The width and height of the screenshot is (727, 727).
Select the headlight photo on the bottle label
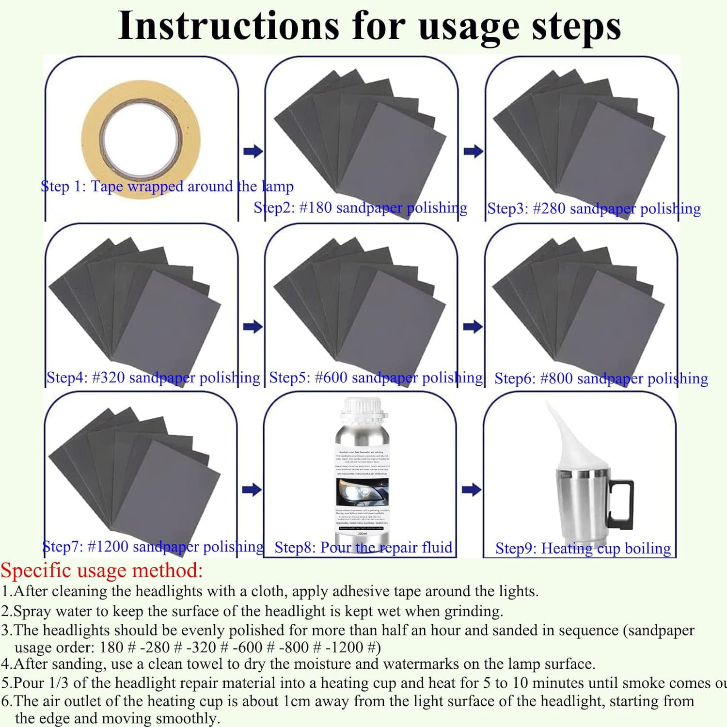click(362, 491)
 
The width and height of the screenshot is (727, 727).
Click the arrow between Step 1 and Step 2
click(253, 151)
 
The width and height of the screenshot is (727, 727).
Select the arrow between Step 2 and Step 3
click(473, 151)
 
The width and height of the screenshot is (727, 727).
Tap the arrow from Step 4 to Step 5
click(253, 326)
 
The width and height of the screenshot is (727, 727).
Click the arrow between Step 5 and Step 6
click(473, 326)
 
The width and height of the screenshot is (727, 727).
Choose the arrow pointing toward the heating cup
click(472, 490)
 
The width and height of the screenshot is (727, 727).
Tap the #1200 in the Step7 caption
click(108, 547)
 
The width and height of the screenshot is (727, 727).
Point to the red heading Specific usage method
click(102, 570)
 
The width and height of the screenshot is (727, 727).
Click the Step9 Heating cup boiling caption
click(583, 548)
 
